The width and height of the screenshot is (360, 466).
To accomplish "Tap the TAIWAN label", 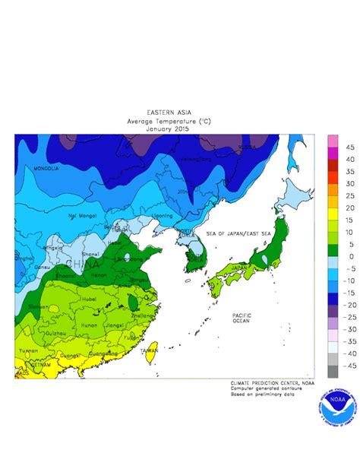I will [149, 350].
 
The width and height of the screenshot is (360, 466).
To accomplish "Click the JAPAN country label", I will [238, 268].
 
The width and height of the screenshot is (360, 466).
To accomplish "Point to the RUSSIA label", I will [247, 147].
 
